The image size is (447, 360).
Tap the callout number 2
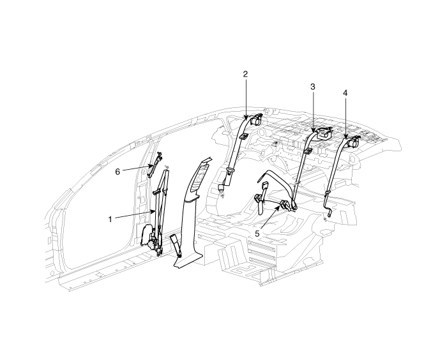point(245,74)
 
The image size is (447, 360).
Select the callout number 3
point(313,86)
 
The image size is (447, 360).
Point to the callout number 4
point(345,93)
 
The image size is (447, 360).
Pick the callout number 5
point(257,234)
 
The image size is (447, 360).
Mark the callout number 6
point(117,170)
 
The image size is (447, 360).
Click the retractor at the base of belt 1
point(153,243)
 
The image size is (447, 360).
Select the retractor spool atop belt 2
point(257,119)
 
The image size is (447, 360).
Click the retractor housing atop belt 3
point(323,134)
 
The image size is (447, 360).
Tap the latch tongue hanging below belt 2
point(223,189)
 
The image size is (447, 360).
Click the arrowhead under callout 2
point(246,119)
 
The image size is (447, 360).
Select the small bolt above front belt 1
point(166,167)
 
